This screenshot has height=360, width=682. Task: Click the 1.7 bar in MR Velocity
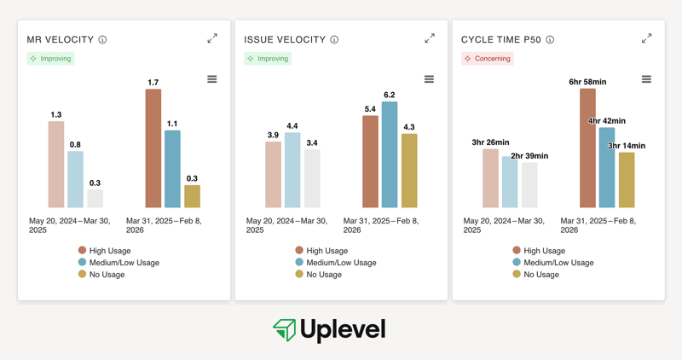(153, 148)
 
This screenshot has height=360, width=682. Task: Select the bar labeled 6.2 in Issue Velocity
(390, 154)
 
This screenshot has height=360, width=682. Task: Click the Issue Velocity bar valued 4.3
(409, 171)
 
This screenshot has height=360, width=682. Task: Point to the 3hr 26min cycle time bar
(490, 178)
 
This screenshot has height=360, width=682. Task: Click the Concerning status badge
(488, 59)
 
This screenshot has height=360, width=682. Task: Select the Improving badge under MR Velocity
(51, 59)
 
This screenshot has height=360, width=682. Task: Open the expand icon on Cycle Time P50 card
(646, 38)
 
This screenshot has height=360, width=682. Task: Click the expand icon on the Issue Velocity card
(430, 38)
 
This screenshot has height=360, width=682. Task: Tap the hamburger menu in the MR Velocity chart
(212, 79)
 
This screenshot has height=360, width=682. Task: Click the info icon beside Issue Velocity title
(334, 40)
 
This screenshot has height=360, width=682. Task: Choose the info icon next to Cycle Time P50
(550, 40)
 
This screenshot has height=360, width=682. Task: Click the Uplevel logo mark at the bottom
(284, 330)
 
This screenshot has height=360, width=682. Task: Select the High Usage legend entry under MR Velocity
(107, 251)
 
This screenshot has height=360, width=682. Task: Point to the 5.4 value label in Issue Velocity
(370, 109)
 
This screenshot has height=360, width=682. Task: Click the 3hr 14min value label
(627, 146)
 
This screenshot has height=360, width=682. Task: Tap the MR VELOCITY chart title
(59, 40)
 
